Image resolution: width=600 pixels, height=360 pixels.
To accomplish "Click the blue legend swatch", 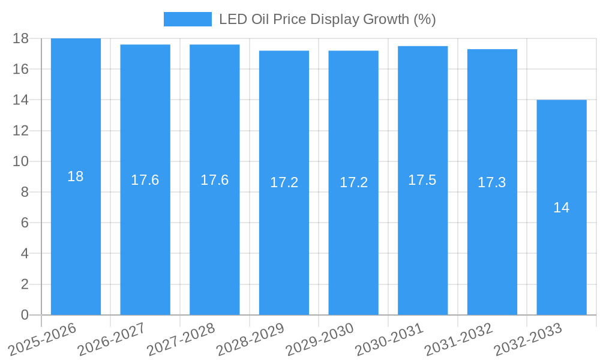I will (x=188, y=19).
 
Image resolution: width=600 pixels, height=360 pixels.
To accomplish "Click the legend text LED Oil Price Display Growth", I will (x=327, y=19).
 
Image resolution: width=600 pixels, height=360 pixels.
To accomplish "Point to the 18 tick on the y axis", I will (x=21, y=38).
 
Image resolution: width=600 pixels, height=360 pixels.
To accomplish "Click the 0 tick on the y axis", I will (x=25, y=315).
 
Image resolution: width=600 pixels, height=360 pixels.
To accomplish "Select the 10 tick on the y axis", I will (x=21, y=161).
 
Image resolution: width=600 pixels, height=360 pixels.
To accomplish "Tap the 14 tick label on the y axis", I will (x=21, y=100).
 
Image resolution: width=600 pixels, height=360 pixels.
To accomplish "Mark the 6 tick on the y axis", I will (x=25, y=223).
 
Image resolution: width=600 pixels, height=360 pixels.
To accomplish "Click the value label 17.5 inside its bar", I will (x=422, y=180).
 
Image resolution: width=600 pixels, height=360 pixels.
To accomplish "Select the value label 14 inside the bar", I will (x=562, y=208).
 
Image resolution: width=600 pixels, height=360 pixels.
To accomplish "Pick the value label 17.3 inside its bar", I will (x=492, y=182).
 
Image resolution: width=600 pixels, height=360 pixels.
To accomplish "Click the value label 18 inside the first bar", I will (x=76, y=176).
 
